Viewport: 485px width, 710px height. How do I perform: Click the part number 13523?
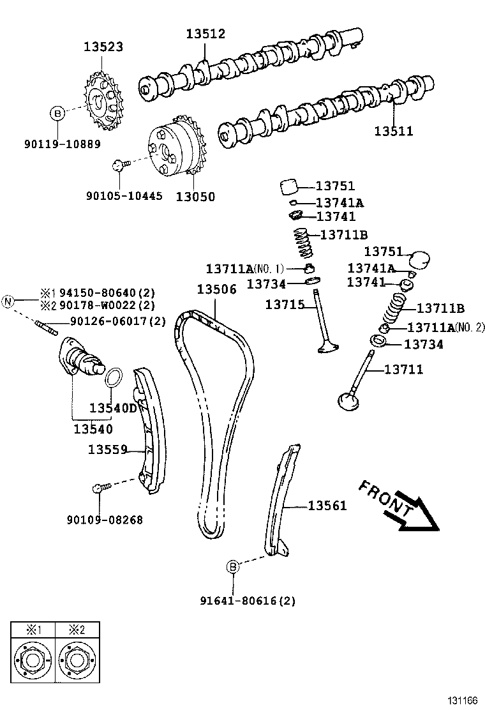pyautogui.click(x=103, y=47)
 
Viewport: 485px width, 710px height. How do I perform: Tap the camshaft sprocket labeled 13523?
pyautogui.click(x=103, y=100)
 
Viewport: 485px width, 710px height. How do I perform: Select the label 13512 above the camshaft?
pyautogui.click(x=205, y=34)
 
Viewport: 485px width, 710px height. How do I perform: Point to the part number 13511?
pyautogui.click(x=393, y=132)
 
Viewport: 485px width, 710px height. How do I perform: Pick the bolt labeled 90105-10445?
pyautogui.click(x=118, y=166)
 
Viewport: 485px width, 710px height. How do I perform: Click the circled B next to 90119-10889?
pyautogui.click(x=57, y=114)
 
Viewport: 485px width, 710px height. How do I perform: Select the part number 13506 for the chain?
pyautogui.click(x=216, y=289)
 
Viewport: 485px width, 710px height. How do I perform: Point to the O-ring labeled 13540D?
pyautogui.click(x=113, y=377)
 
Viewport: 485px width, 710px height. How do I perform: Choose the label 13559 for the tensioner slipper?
pyautogui.click(x=107, y=449)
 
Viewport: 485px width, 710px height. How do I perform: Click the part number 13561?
pyautogui.click(x=327, y=506)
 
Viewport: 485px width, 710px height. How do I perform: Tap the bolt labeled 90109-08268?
pyautogui.click(x=98, y=489)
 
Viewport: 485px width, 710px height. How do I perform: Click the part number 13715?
pyautogui.click(x=285, y=305)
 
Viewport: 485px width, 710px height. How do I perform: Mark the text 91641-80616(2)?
pyautogui.click(x=247, y=601)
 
